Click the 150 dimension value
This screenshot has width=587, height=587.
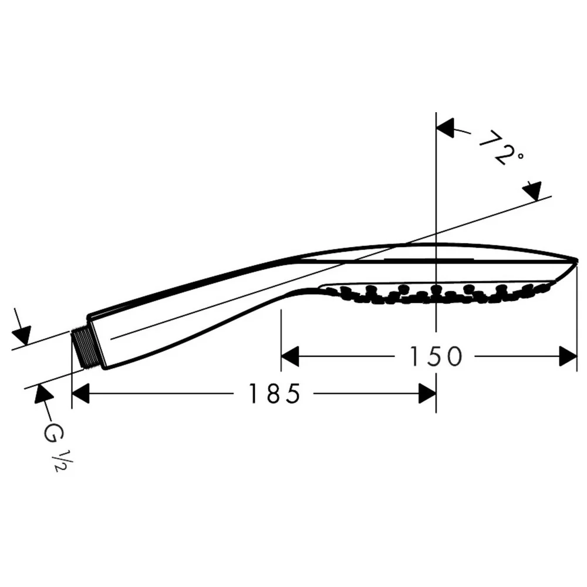[436, 356]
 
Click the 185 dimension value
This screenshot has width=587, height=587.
[275, 393]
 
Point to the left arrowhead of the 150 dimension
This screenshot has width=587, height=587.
[290, 356]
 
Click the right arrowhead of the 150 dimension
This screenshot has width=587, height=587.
[568, 356]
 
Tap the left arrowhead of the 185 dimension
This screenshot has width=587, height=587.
[80, 393]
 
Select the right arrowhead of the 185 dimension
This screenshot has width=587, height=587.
[427, 393]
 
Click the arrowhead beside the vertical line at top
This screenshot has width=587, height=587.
[445, 128]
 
